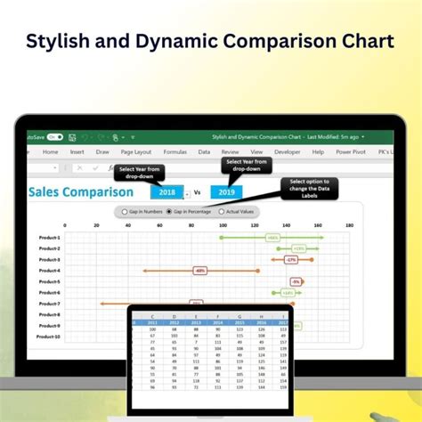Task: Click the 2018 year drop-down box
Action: [x=166, y=191]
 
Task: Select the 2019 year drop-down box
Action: [x=226, y=191]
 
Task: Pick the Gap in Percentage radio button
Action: [x=170, y=212]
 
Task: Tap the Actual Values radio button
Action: [x=223, y=212]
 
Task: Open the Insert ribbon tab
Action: [x=78, y=152]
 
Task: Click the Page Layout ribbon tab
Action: [x=135, y=152]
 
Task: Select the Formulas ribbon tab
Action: [x=174, y=152]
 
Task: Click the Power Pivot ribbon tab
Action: [x=350, y=152]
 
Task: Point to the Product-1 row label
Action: [x=50, y=238]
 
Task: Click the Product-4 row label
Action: [x=50, y=271]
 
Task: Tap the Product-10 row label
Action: [x=50, y=337]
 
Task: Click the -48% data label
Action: [x=199, y=270]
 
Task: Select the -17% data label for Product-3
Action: [x=290, y=259]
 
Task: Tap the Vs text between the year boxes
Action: [x=197, y=191]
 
